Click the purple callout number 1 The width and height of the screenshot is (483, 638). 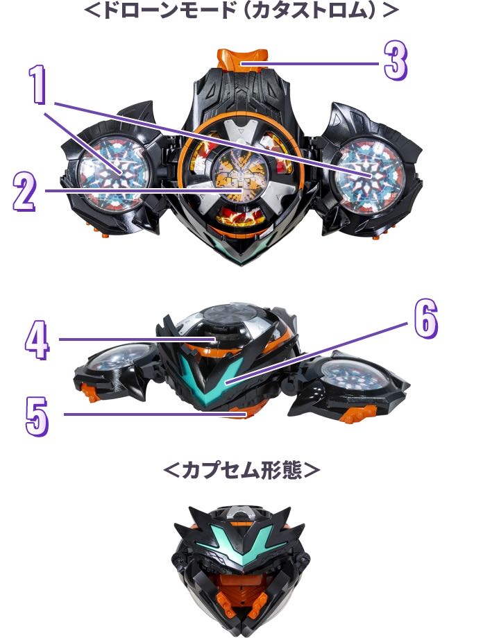click(39, 85)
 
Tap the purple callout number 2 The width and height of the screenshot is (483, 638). click(25, 191)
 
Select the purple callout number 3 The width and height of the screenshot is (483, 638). click(396, 61)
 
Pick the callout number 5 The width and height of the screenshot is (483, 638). click(37, 417)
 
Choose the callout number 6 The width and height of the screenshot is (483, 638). click(425, 319)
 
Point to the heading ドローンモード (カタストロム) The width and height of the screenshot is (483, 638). click(241, 10)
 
